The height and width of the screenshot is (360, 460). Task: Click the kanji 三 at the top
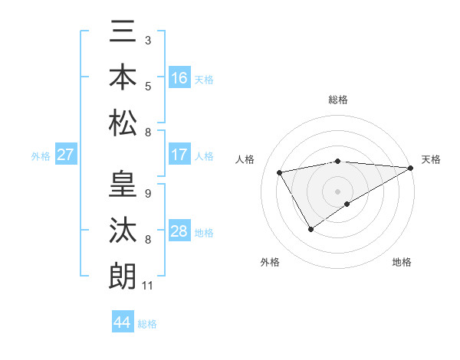click(x=123, y=34)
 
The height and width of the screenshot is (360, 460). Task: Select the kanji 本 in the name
click(x=123, y=77)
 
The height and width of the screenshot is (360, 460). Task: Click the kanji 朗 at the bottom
click(x=123, y=275)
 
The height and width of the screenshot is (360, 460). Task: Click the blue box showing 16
click(x=179, y=77)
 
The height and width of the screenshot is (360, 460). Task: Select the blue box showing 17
click(x=179, y=155)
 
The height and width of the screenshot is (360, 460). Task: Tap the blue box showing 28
click(x=179, y=231)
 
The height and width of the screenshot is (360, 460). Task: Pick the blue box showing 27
click(x=65, y=155)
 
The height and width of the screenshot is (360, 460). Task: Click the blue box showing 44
click(x=123, y=322)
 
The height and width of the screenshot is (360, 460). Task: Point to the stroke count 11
click(x=148, y=286)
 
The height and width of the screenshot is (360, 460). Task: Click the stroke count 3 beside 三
click(x=147, y=38)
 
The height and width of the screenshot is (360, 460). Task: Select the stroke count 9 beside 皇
click(x=147, y=192)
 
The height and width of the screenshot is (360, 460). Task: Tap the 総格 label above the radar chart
click(x=337, y=100)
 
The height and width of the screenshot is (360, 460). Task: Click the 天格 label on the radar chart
click(x=431, y=159)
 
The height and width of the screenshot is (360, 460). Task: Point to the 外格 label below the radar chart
click(x=269, y=262)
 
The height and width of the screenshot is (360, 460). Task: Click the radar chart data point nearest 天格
click(x=412, y=168)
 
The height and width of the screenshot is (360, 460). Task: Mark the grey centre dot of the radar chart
click(x=337, y=190)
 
